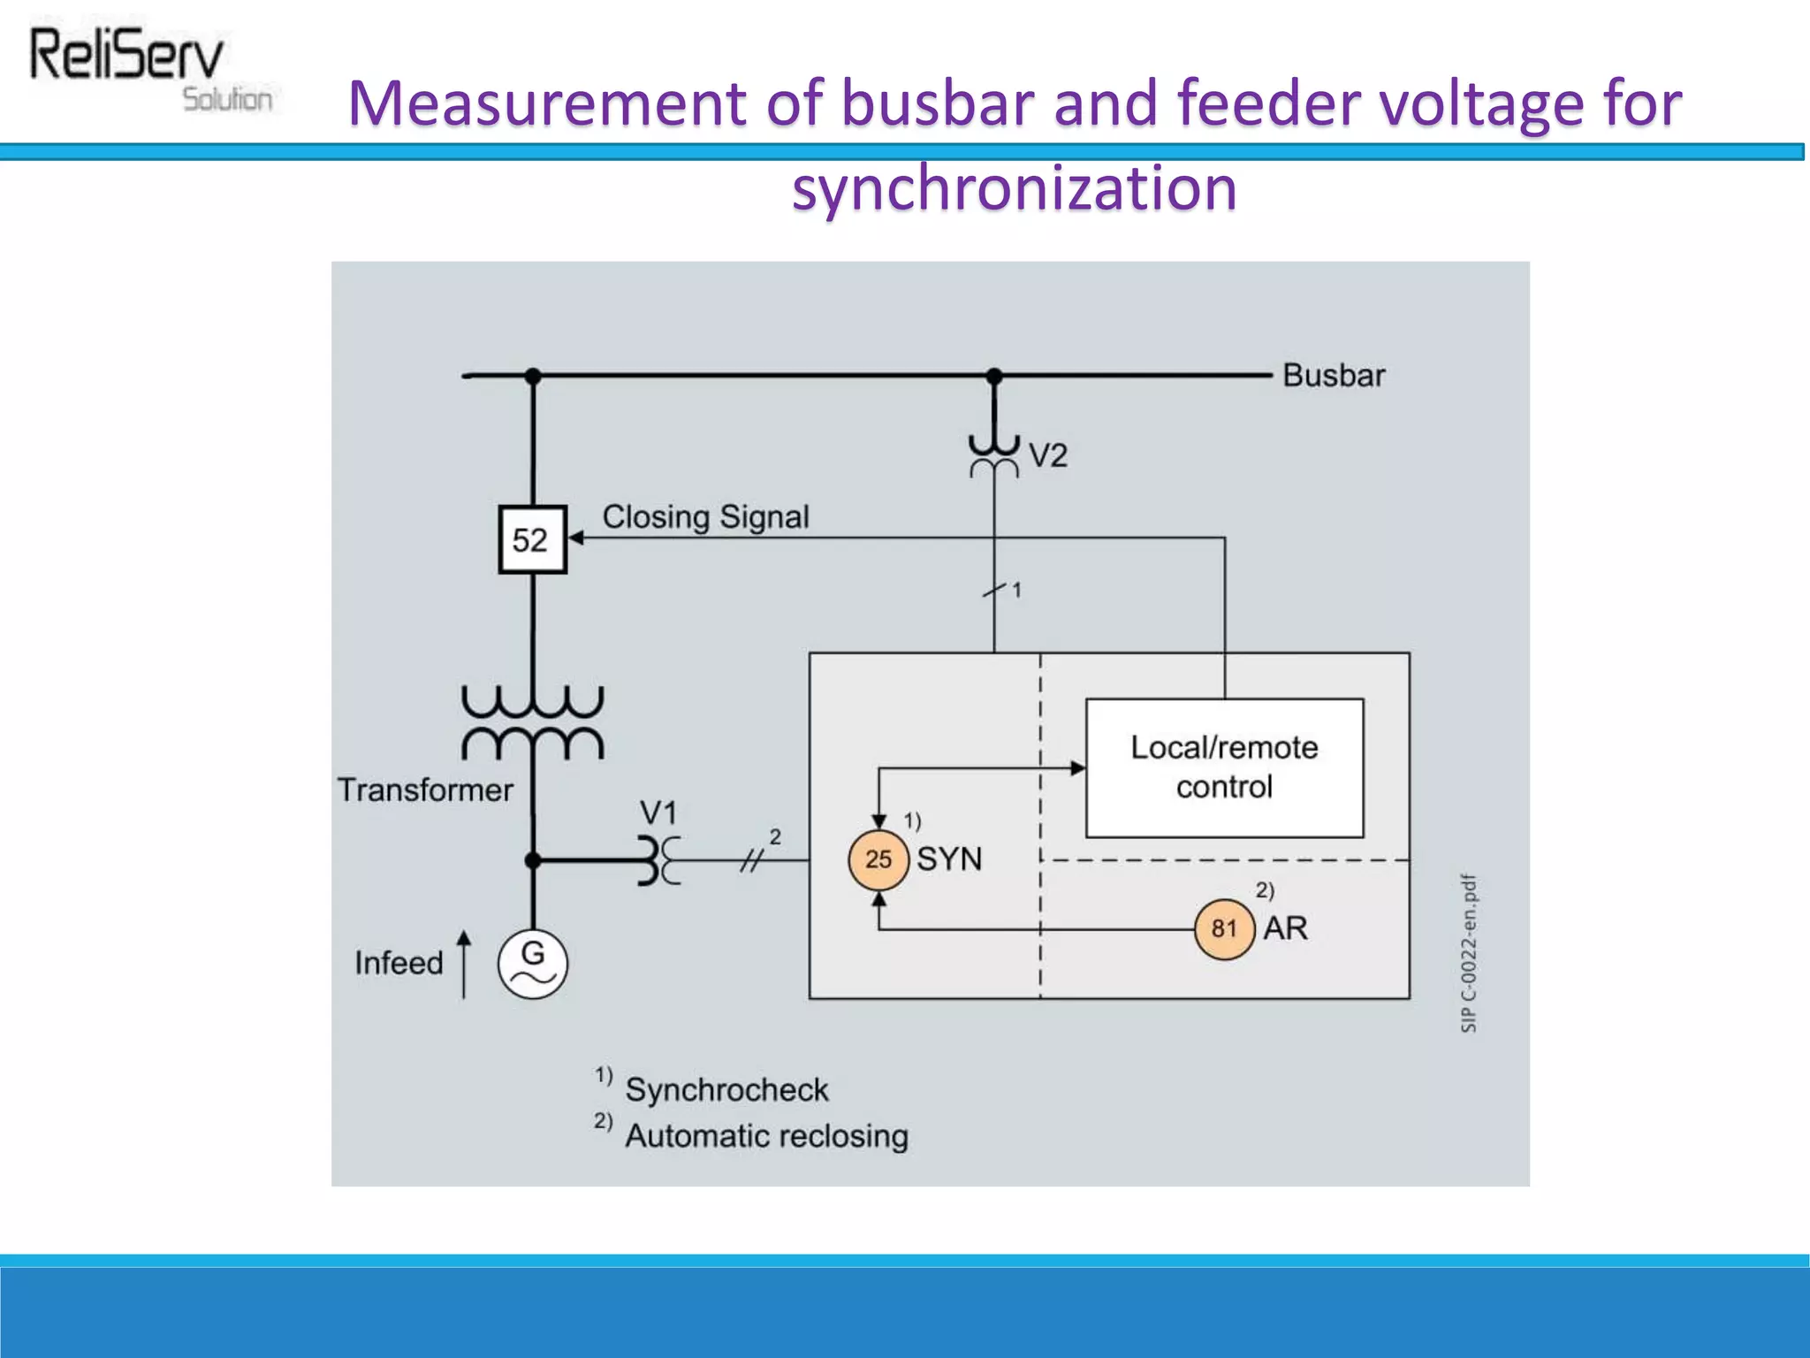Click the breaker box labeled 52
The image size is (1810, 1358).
click(532, 539)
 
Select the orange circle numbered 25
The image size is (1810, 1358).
click(878, 858)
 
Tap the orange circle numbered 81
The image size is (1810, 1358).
click(1224, 928)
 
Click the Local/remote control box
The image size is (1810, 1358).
click(1224, 767)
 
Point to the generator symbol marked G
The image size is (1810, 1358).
click(532, 964)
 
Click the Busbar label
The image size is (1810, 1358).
click(1333, 376)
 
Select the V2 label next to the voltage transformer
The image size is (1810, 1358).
click(1048, 456)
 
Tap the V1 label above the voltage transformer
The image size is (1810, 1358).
click(658, 813)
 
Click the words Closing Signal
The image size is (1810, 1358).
click(705, 516)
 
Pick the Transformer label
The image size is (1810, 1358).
click(425, 790)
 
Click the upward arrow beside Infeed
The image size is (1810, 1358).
click(464, 963)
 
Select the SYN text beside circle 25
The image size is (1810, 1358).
click(949, 859)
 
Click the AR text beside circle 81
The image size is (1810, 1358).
click(1285, 928)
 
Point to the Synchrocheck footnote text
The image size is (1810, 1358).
click(726, 1090)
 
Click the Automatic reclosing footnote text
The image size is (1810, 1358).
click(766, 1136)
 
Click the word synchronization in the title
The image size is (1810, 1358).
click(1014, 188)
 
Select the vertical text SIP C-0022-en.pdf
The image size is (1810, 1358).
click(1468, 953)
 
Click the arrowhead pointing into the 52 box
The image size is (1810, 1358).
click(575, 538)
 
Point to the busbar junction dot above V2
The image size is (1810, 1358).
click(994, 376)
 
